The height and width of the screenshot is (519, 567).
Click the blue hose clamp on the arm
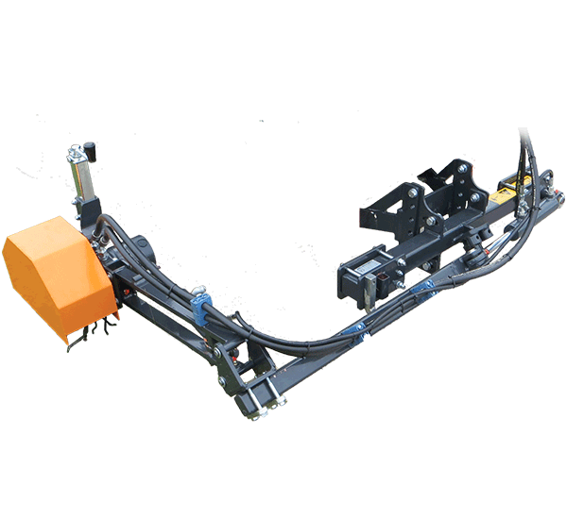(x=200, y=310)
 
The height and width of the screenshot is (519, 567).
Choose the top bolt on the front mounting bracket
(x=413, y=193)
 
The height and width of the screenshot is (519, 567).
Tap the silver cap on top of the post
(x=76, y=152)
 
